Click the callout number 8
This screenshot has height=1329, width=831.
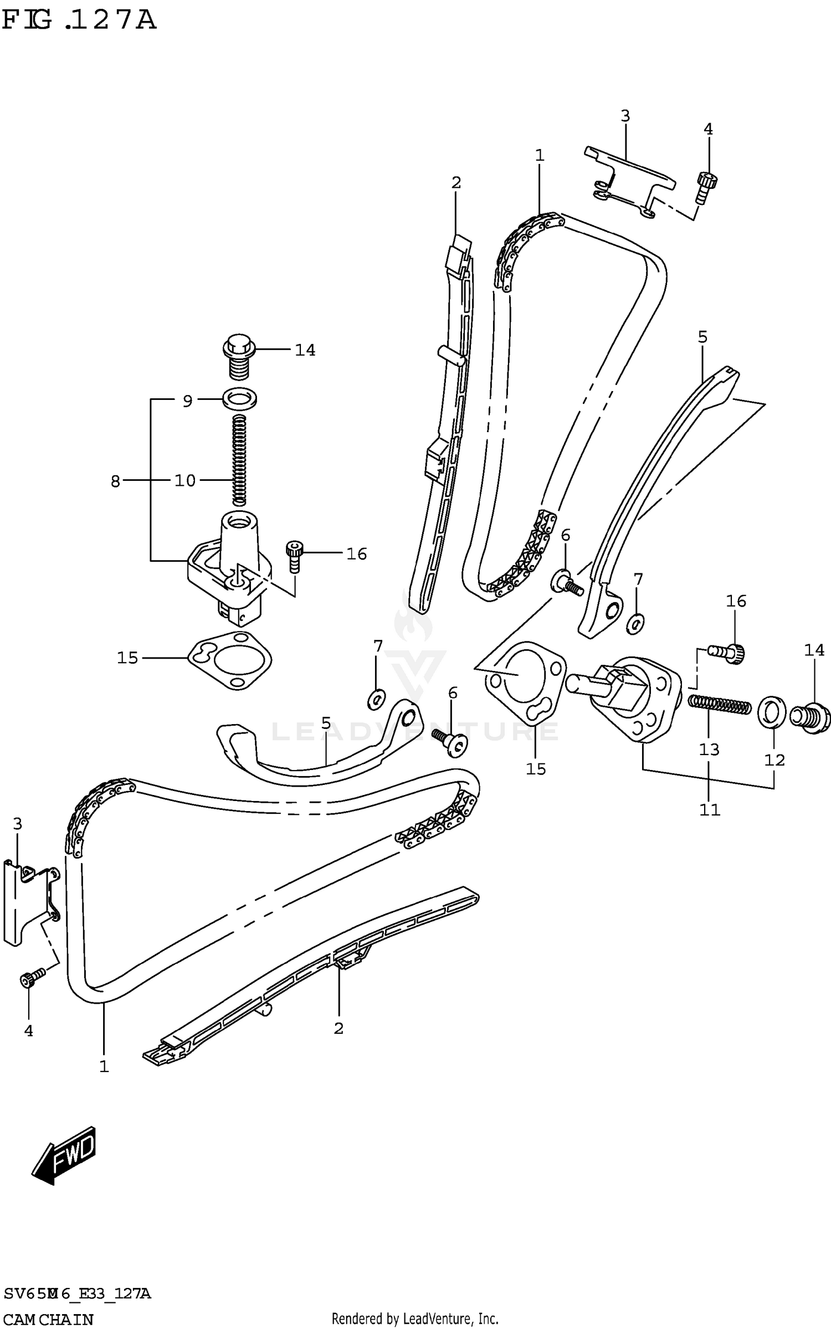115,481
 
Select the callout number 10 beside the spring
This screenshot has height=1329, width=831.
185,480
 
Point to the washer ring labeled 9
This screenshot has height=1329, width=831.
239,398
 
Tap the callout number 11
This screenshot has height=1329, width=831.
709,810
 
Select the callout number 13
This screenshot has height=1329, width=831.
709,750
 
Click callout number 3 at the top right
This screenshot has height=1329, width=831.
625,116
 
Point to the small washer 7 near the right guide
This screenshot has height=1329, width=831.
635,624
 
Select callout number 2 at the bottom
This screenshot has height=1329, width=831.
338,1028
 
